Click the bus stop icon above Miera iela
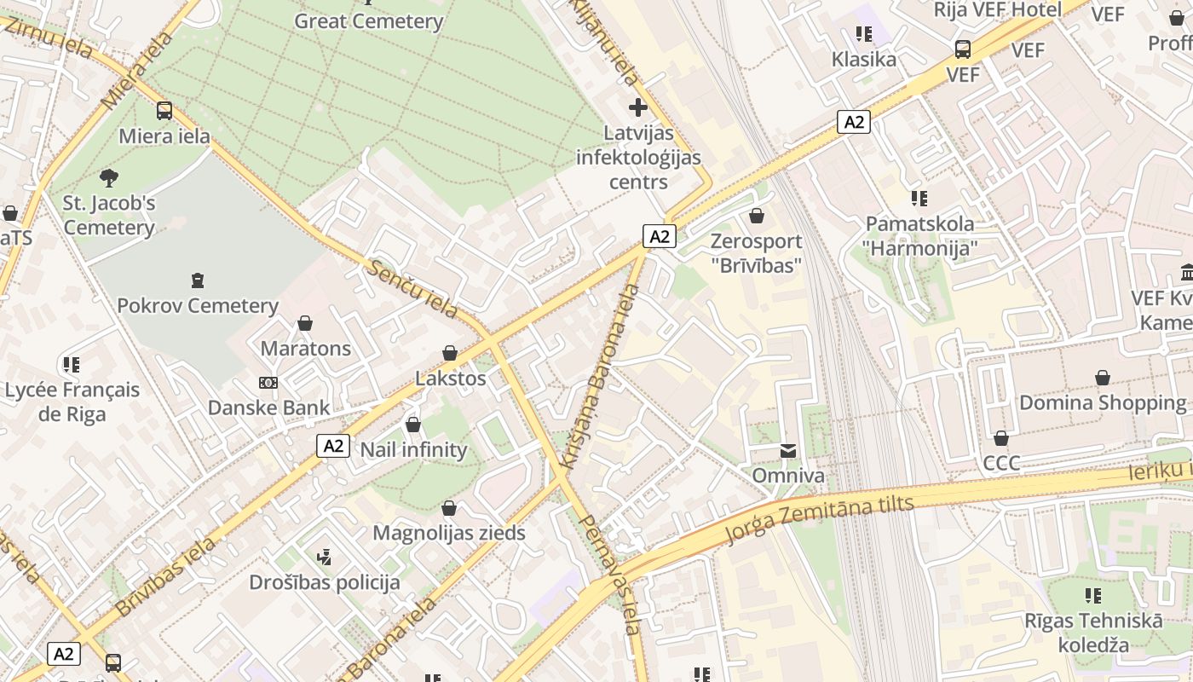tap(164, 111)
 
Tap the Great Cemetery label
tap(368, 21)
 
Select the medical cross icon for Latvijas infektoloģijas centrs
tap(637, 107)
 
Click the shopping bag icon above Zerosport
tap(756, 217)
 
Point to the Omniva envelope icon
tap(788, 450)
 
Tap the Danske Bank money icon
tap(268, 383)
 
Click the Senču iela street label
tap(413, 289)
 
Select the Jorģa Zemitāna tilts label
tap(818, 518)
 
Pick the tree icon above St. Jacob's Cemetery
tap(108, 178)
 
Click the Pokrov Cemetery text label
tap(198, 305)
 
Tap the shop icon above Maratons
tap(305, 323)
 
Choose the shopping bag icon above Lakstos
tap(450, 353)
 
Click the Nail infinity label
tap(414, 450)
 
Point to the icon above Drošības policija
tap(324, 558)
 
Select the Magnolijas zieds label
tap(449, 534)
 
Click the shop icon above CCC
tap(1001, 438)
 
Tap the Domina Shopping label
tap(1103, 402)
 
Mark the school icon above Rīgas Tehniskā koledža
tap(1094, 595)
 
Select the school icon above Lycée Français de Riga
tap(72, 365)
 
